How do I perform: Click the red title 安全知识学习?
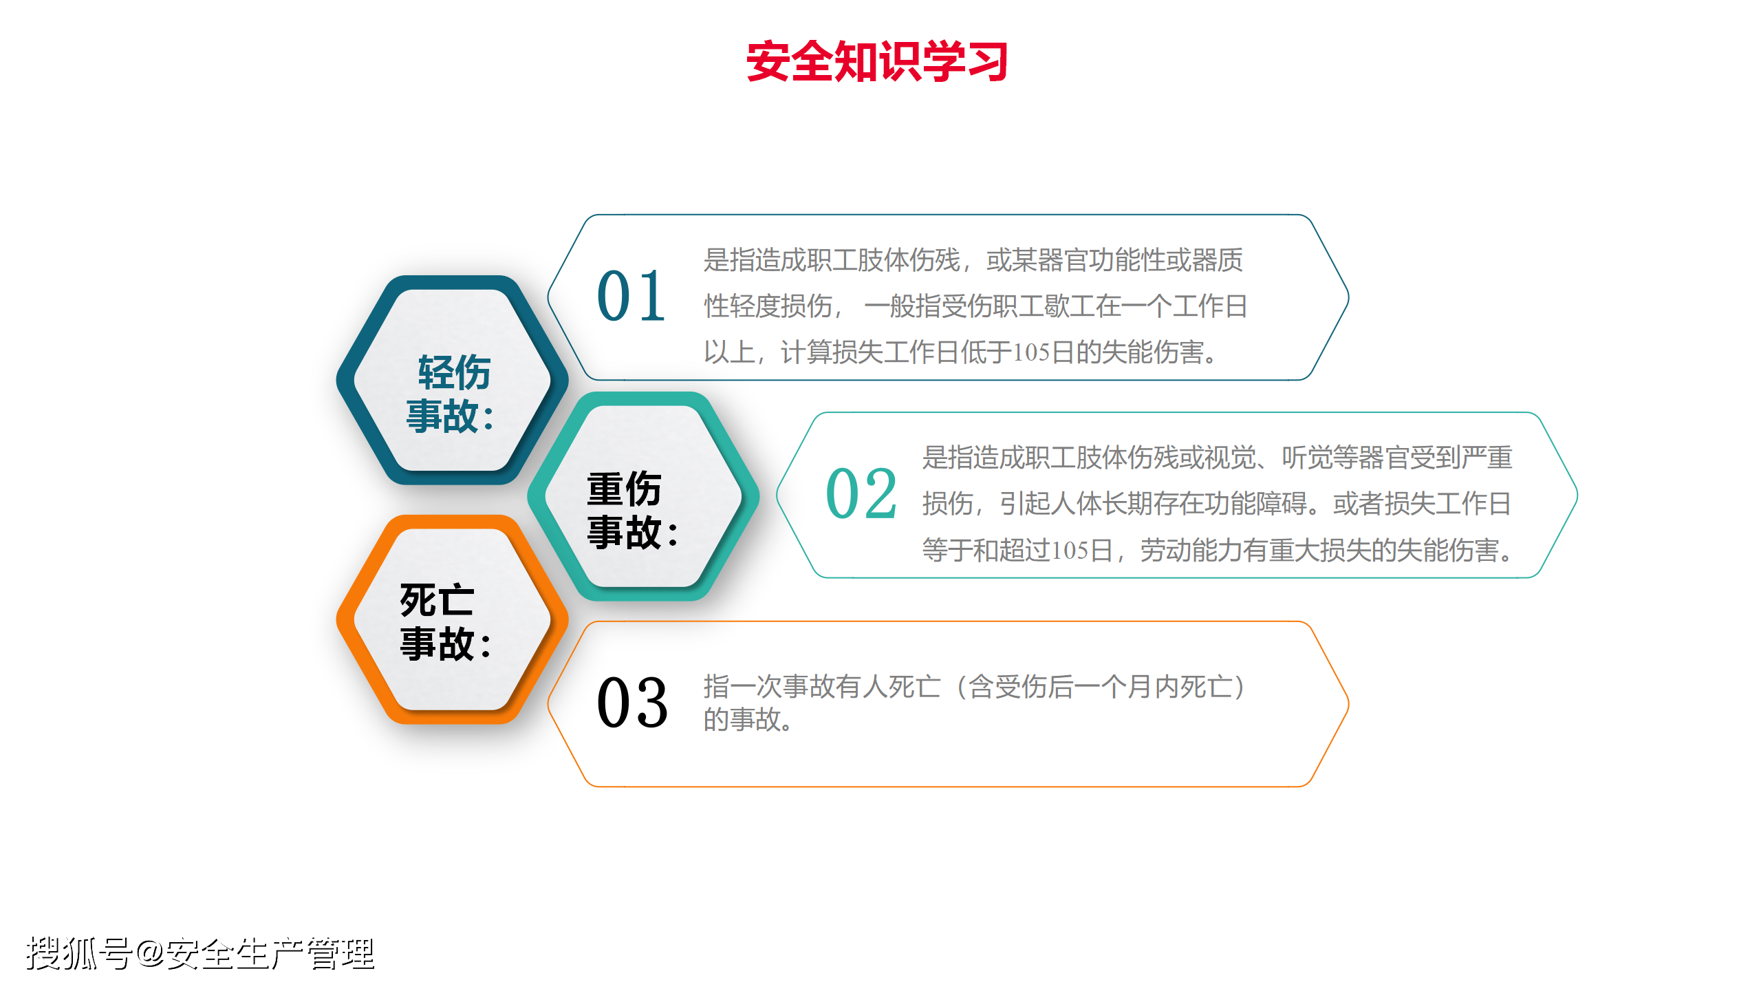(877, 61)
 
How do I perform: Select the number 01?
(631, 296)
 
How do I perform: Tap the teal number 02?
(861, 493)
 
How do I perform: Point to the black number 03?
(632, 702)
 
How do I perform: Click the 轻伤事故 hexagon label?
(451, 394)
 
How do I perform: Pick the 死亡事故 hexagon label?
(446, 621)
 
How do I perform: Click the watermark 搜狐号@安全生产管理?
(200, 954)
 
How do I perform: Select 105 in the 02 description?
(1070, 551)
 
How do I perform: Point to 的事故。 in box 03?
(748, 719)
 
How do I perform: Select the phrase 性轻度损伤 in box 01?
(768, 306)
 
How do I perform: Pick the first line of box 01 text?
(973, 260)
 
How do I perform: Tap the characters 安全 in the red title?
(790, 61)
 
